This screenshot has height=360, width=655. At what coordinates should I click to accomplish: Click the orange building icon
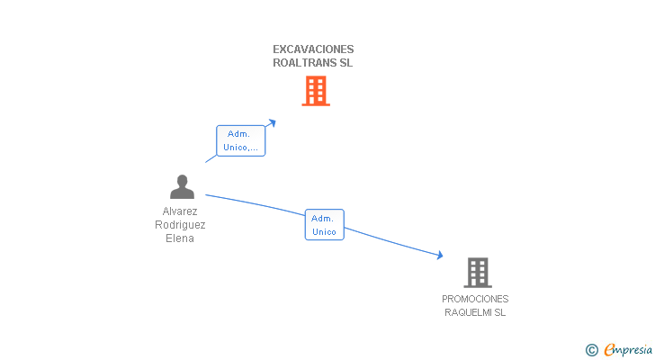click(x=315, y=91)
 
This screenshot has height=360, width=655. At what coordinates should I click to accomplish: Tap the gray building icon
click(x=477, y=272)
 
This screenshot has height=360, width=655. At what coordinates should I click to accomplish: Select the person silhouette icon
click(x=182, y=187)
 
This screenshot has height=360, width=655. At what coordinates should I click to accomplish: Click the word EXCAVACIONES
click(x=313, y=49)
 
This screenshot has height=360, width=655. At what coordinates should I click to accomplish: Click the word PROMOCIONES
click(x=475, y=299)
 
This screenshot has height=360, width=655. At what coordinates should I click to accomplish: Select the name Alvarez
click(x=180, y=211)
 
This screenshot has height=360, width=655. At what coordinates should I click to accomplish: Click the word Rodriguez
click(x=180, y=225)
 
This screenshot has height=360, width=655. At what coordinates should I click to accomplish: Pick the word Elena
click(x=180, y=238)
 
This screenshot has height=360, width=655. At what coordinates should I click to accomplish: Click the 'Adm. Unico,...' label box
click(x=241, y=140)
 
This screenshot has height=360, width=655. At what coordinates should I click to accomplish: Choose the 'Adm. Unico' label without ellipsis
click(x=324, y=225)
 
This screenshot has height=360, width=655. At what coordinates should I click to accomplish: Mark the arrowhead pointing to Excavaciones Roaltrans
click(x=272, y=121)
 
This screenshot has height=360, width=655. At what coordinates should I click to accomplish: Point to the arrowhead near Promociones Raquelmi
click(x=439, y=256)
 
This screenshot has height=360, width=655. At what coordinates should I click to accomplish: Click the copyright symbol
click(x=592, y=350)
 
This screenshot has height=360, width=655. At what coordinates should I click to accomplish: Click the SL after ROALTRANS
click(x=346, y=64)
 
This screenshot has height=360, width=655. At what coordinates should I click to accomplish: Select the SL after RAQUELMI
click(x=499, y=312)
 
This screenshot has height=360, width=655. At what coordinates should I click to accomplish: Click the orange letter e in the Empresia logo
click(x=609, y=349)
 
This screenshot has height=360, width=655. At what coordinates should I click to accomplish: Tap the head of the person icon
click(x=182, y=180)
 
